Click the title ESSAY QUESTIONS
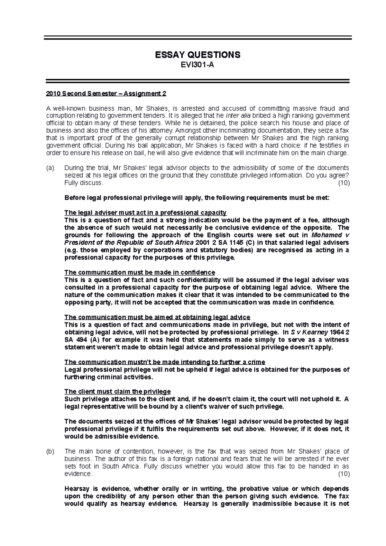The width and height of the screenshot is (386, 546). pos(198,55)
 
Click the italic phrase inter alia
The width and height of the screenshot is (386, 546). pos(237,116)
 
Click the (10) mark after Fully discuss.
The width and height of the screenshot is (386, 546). pos(344,183)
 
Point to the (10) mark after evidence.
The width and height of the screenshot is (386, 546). pos(344,474)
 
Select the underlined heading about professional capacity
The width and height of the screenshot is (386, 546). pos(145,213)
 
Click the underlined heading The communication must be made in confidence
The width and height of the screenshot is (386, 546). pos(140,272)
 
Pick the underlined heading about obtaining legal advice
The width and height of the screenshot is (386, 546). pos(157,317)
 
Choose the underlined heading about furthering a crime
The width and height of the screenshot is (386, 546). pos(165,362)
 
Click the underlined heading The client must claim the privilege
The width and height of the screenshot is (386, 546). pos(117,392)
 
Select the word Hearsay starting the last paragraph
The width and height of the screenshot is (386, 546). pos(77,488)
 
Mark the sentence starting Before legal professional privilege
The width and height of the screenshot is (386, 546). pos(197,198)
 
